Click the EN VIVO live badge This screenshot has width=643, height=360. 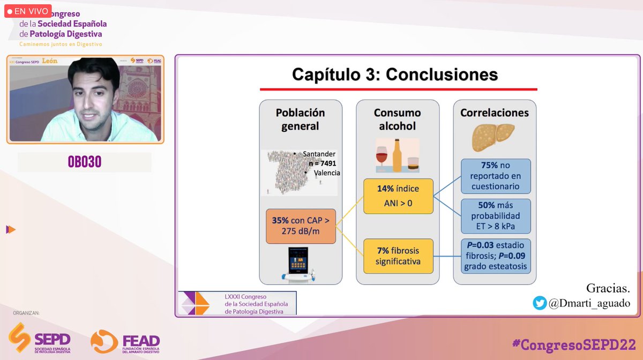coord(28,11)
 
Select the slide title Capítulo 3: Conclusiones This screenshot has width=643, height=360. coord(395,74)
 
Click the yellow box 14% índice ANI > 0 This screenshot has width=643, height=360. coord(398,196)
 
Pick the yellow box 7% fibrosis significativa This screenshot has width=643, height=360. coord(398,256)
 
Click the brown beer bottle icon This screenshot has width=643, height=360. coord(398,155)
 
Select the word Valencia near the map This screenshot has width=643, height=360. coord(327,173)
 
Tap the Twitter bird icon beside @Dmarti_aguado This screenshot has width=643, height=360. coord(539,303)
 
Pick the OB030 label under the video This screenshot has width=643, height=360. coord(85,162)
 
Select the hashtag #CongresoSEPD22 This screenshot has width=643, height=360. coord(574,344)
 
